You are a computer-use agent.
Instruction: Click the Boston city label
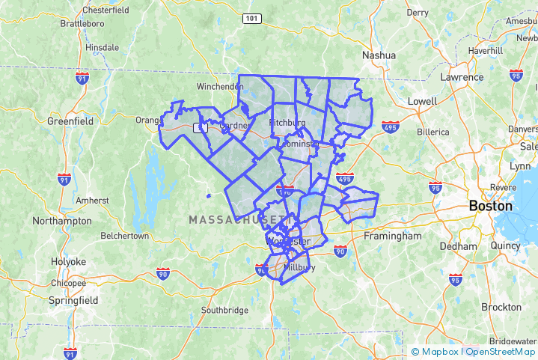tap(490, 206)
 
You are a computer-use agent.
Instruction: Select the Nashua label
tap(379, 55)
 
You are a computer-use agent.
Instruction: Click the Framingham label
tap(393, 236)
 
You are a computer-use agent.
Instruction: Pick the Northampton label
tap(62, 221)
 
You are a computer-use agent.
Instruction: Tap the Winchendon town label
tap(220, 87)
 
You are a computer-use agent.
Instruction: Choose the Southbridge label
tap(224, 310)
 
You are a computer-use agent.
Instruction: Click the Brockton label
tap(501, 307)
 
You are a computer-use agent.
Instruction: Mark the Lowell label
tap(422, 101)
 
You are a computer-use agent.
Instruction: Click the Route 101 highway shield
tap(251, 18)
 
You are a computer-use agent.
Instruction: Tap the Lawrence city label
tap(462, 77)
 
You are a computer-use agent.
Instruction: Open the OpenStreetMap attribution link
tap(501, 351)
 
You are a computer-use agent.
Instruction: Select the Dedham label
tap(458, 245)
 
